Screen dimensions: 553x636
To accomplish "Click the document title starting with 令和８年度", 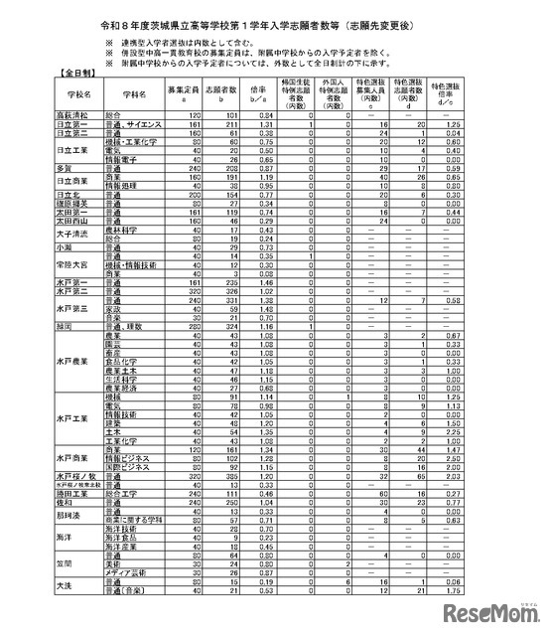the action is click(x=275, y=19).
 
